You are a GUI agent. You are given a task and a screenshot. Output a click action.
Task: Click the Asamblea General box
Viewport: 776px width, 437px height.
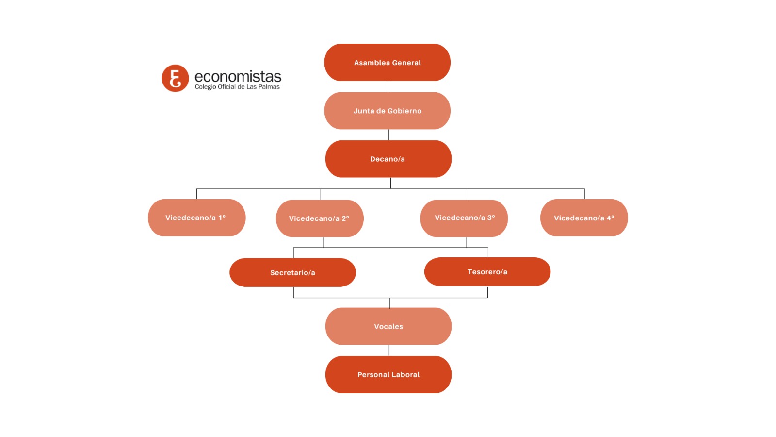tap(387, 62)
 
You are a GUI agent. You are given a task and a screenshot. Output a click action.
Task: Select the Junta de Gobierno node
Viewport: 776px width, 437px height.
tap(387, 111)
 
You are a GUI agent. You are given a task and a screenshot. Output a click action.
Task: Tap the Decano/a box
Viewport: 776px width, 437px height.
tap(388, 159)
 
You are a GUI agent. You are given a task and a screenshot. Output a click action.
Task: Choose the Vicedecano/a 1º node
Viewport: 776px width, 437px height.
tap(196, 218)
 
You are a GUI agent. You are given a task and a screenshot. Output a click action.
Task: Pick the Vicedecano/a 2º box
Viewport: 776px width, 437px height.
tap(320, 218)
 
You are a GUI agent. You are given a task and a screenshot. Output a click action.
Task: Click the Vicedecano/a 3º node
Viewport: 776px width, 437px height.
tap(464, 218)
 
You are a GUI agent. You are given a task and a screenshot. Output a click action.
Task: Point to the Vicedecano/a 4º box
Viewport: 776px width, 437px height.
tap(584, 218)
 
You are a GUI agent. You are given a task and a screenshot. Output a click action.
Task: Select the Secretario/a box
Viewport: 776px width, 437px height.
tap(292, 272)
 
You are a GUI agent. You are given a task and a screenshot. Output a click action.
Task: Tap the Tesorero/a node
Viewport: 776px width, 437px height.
tap(487, 272)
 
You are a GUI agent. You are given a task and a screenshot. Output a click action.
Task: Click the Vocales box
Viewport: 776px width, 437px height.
tap(388, 326)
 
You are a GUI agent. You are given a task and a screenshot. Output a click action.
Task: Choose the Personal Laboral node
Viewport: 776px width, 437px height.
tap(388, 374)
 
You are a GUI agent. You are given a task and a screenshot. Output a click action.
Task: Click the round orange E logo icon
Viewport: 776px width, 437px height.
tap(175, 78)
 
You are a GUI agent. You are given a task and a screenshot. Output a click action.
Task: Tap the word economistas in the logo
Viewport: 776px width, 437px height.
tap(238, 76)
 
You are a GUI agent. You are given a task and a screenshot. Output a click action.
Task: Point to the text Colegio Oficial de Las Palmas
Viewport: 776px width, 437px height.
tap(237, 87)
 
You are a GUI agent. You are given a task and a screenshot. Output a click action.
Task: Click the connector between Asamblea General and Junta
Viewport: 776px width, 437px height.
tap(388, 86)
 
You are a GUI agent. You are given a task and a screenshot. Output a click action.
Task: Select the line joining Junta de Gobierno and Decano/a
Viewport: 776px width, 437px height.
tap(388, 134)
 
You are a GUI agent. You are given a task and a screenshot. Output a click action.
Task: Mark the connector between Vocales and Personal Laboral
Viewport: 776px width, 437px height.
tap(389, 350)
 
